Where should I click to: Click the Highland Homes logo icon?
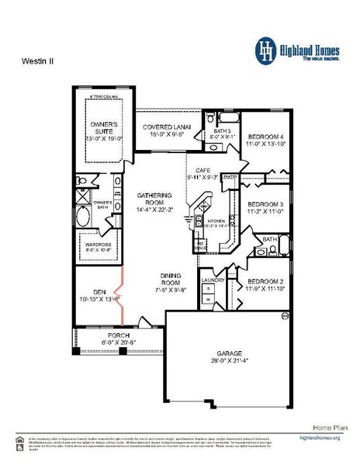tap(268, 49)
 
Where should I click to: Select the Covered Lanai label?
tap(162, 128)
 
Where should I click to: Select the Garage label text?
tap(227, 356)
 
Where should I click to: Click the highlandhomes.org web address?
tap(319, 438)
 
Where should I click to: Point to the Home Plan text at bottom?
tap(326, 427)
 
